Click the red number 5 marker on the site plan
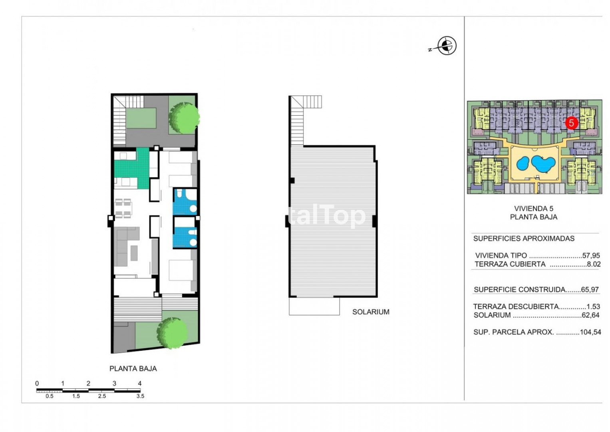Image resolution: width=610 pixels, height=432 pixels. click(572, 123)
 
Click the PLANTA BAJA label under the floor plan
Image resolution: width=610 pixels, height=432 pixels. click(133, 369)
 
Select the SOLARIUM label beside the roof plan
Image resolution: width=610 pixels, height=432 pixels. click(371, 312)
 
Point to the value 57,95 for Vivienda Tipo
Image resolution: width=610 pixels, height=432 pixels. click(591, 256)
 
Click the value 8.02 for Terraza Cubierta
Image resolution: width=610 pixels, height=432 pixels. click(593, 264)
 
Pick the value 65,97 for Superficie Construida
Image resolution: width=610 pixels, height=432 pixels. click(590, 289)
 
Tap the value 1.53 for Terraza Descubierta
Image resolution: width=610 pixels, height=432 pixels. click(593, 306)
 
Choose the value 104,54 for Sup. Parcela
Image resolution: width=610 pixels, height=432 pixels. click(590, 332)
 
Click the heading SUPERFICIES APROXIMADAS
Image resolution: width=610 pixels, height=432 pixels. click(524, 239)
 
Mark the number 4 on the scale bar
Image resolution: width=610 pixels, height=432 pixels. click(140, 383)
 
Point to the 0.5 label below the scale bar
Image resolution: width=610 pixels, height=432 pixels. click(50, 396)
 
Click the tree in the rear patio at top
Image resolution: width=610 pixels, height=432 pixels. click(184, 118)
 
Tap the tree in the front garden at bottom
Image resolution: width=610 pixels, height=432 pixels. click(172, 333)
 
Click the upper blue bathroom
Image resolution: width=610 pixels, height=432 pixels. click(185, 202)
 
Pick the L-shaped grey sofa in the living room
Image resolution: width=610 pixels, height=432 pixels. click(124, 246)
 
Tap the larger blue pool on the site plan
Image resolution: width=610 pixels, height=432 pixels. click(543, 164)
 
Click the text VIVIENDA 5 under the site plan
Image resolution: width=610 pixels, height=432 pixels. click(533, 209)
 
